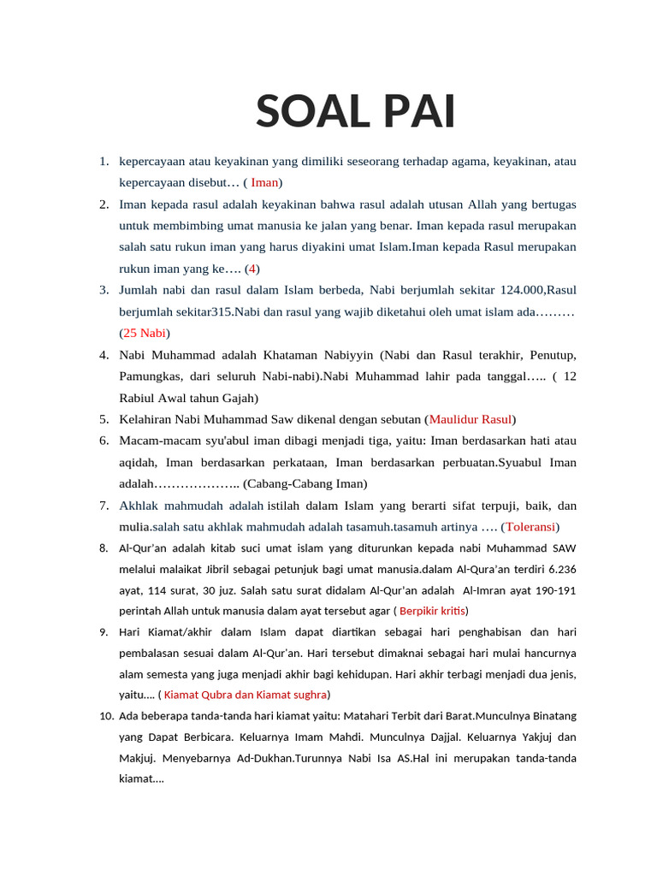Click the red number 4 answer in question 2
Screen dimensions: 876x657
click(252, 269)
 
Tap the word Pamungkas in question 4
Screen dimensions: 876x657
click(147, 376)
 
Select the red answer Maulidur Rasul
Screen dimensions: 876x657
click(470, 419)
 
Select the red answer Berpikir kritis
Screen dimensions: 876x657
click(432, 611)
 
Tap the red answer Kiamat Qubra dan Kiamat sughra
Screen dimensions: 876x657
click(245, 694)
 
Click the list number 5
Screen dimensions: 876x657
click(104, 419)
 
